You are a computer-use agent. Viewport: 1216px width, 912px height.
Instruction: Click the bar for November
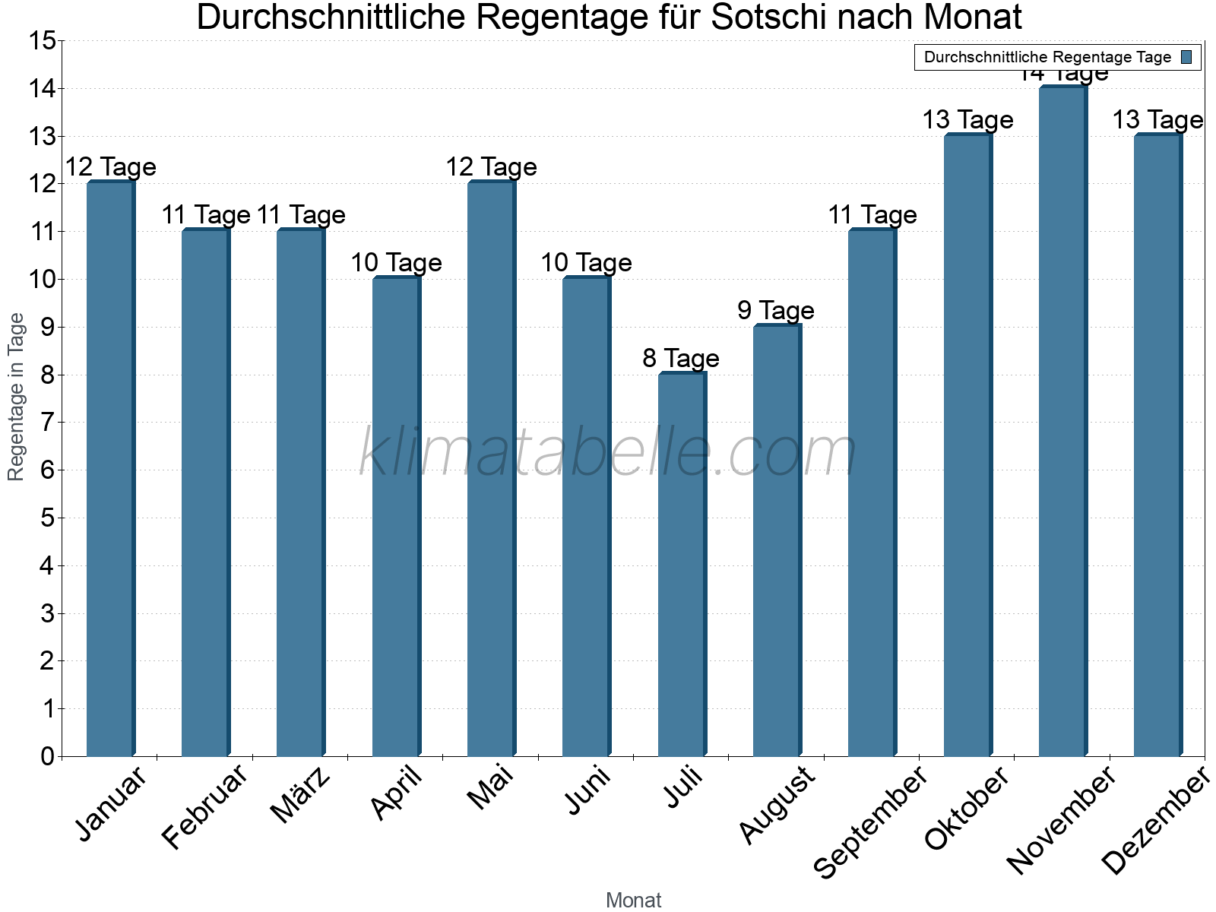pyautogui.click(x=1062, y=422)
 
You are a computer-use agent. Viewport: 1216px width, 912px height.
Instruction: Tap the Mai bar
pyautogui.click(x=491, y=469)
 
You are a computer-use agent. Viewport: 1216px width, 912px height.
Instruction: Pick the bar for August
pyautogui.click(x=777, y=540)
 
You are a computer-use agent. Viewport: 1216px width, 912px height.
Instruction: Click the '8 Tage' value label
pyautogui.click(x=681, y=358)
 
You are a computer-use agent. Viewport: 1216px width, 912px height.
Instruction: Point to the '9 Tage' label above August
pyautogui.click(x=776, y=310)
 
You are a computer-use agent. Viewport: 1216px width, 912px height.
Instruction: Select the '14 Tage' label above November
pyautogui.click(x=1062, y=74)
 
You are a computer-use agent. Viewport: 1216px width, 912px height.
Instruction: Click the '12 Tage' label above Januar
pyautogui.click(x=110, y=167)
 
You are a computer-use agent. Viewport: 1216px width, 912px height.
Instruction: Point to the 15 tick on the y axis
pyautogui.click(x=44, y=41)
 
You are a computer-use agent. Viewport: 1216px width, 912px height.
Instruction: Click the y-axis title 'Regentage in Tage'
pyautogui.click(x=17, y=397)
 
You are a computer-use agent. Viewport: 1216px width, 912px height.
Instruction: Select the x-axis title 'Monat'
pyautogui.click(x=633, y=901)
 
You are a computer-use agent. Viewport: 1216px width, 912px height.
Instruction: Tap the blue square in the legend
pyautogui.click(x=1186, y=57)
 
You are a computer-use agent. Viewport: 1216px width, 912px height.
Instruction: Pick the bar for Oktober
pyautogui.click(x=967, y=445)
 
